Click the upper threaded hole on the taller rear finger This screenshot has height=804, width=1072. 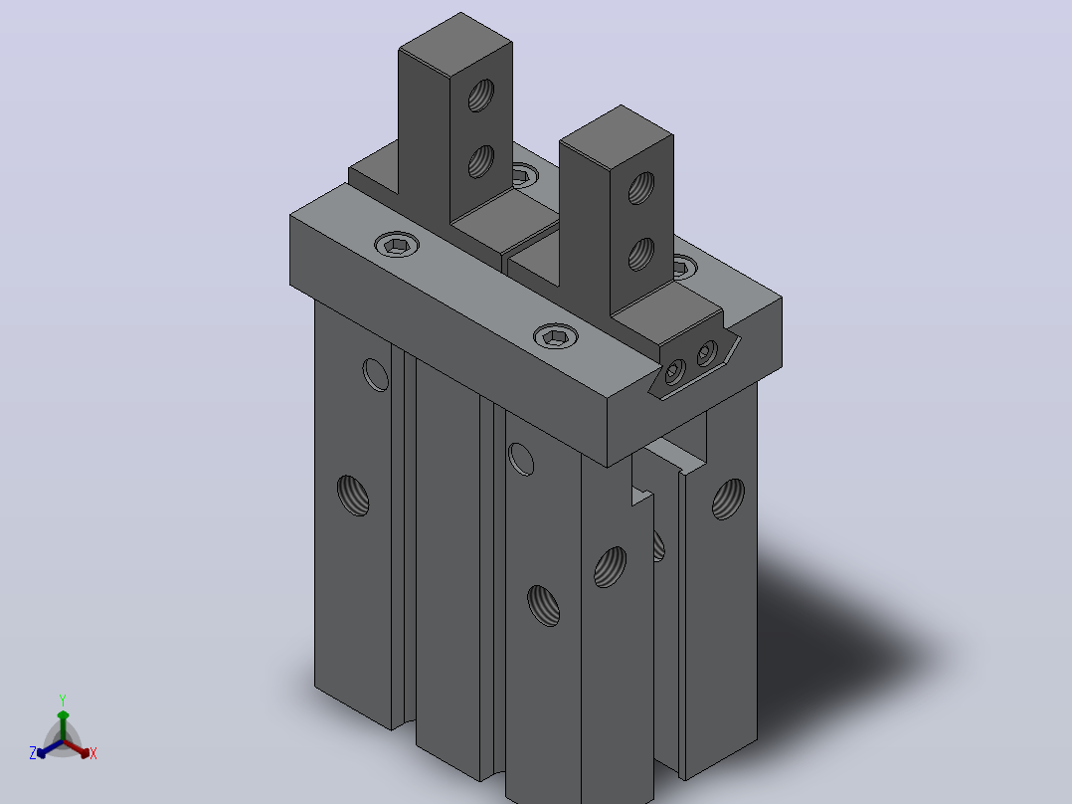click(x=481, y=96)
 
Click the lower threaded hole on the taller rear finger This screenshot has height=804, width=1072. click(x=481, y=161)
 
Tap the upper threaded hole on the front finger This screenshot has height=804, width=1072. click(x=641, y=187)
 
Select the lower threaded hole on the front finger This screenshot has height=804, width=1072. click(x=640, y=254)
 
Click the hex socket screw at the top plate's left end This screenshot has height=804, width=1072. click(x=397, y=245)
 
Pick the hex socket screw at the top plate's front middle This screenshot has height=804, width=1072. click(x=555, y=336)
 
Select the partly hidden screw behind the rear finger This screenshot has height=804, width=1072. click(x=524, y=174)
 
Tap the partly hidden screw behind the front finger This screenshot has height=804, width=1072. click(x=684, y=266)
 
